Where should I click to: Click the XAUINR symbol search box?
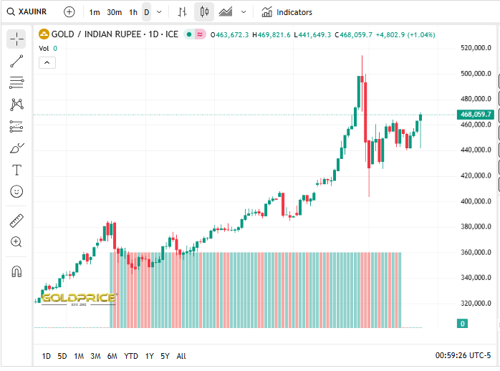click(29, 11)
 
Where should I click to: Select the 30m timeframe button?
click(114, 12)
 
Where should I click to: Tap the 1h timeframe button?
click(133, 12)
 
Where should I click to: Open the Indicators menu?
click(287, 12)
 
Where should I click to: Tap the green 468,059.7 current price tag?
click(476, 115)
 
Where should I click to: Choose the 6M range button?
click(112, 356)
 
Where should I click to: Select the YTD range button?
click(131, 356)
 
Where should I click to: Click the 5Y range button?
click(165, 356)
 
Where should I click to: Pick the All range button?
click(181, 356)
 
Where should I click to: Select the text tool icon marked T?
click(16, 170)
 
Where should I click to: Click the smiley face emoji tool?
click(16, 191)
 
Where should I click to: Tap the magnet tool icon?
click(16, 271)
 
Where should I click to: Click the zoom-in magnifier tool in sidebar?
click(16, 242)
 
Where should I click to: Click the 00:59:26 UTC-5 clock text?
click(463, 355)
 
